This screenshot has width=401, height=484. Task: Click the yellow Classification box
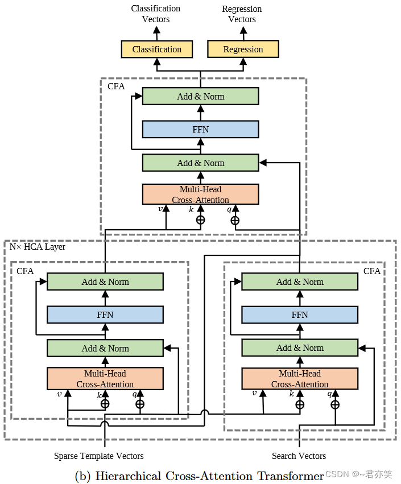point(156,49)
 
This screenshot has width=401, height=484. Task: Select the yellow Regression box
point(243,49)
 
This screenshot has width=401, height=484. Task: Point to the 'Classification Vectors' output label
point(156,14)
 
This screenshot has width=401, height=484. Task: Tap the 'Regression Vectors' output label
point(242,14)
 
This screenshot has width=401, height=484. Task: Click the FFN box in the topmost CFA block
point(200,130)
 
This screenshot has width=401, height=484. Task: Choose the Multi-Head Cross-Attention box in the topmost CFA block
point(200,195)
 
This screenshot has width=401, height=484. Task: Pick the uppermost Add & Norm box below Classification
point(200,96)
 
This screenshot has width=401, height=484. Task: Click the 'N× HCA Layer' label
point(38,247)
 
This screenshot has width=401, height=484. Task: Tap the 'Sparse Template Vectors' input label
point(99,456)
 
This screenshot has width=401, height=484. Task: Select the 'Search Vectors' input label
point(299,456)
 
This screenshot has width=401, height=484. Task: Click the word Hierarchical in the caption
point(127,475)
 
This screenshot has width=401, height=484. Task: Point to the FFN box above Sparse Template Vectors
point(105,315)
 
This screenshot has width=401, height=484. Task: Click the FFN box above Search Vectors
point(300,315)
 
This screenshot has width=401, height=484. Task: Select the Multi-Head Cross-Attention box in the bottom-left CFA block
point(105,379)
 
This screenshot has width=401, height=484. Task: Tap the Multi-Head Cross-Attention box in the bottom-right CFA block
point(300,379)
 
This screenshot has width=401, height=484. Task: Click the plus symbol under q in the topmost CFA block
point(234,220)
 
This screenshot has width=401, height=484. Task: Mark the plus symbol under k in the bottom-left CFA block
point(105,404)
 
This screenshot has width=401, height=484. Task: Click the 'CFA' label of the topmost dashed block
point(116,86)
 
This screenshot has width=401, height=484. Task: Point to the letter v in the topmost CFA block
point(160,209)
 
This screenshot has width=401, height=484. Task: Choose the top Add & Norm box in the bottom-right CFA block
point(300,282)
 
